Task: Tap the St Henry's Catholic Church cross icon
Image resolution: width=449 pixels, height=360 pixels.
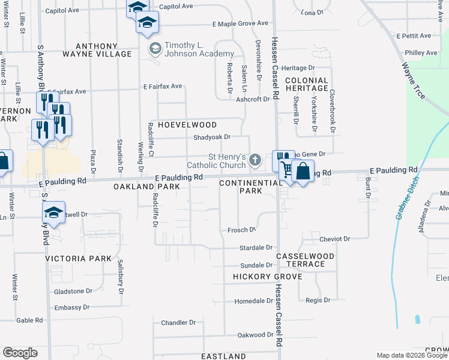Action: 256,160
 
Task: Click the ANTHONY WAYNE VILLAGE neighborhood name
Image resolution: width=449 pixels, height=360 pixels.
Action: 104,50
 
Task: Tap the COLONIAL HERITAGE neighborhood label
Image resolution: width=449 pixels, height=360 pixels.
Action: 307,84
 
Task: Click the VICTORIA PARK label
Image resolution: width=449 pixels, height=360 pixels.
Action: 79,259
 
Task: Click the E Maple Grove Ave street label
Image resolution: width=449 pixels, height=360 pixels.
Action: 240,23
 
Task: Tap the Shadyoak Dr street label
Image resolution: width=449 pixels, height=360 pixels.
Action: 212,137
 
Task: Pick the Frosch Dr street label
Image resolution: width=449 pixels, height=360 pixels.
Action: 242,230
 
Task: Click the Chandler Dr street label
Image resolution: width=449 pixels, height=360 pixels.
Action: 178,322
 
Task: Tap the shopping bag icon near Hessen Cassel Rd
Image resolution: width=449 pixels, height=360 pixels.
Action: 304,172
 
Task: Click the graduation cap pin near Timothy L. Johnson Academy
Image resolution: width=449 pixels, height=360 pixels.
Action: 146,23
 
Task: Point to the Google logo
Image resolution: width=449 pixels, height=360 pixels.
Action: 20,353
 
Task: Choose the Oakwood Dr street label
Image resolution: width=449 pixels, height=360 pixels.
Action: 251,335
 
